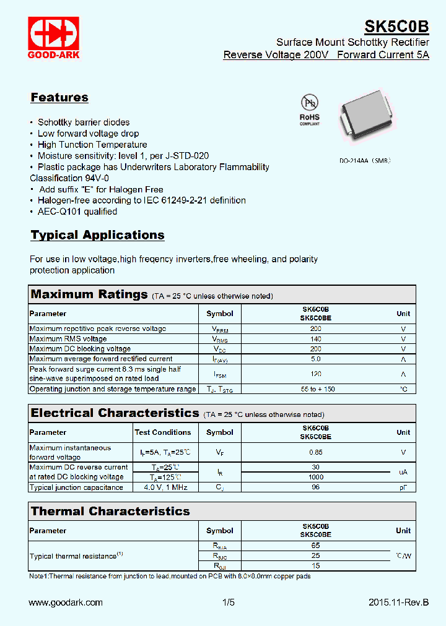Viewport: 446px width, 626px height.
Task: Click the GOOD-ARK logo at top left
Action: (x=54, y=38)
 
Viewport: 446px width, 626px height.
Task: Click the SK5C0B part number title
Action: (x=396, y=27)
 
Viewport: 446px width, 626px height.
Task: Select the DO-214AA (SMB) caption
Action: (x=365, y=160)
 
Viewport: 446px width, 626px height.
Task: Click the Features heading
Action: (x=59, y=97)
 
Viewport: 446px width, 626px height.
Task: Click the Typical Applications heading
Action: (x=97, y=235)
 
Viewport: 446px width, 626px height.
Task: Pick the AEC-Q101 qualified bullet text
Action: (x=77, y=212)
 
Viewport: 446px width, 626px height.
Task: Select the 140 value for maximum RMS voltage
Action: (x=315, y=339)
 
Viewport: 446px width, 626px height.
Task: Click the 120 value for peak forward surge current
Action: (x=315, y=374)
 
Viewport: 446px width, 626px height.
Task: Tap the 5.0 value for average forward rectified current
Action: (x=315, y=359)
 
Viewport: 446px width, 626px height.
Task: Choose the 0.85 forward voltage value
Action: (x=315, y=452)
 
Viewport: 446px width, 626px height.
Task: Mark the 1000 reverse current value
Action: (x=315, y=477)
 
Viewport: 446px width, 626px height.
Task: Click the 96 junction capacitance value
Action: (x=315, y=487)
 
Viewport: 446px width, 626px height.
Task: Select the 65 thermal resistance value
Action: (x=315, y=546)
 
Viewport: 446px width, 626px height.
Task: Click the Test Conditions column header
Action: (x=163, y=432)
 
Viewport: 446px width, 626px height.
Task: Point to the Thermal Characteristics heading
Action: (x=110, y=512)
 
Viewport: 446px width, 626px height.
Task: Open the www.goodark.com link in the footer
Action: (x=66, y=602)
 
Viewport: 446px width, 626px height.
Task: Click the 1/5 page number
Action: (x=229, y=602)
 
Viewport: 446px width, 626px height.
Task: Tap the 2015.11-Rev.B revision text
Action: (x=398, y=602)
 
